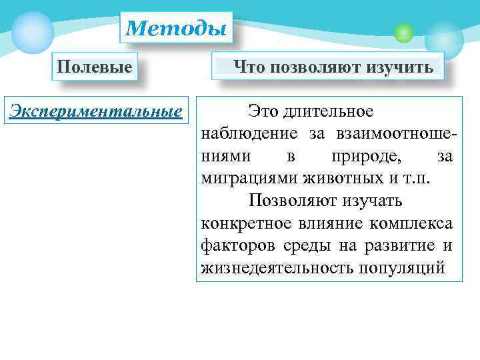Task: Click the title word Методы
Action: (x=176, y=28)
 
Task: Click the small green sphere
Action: (x=403, y=32)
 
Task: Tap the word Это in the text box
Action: (x=263, y=111)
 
